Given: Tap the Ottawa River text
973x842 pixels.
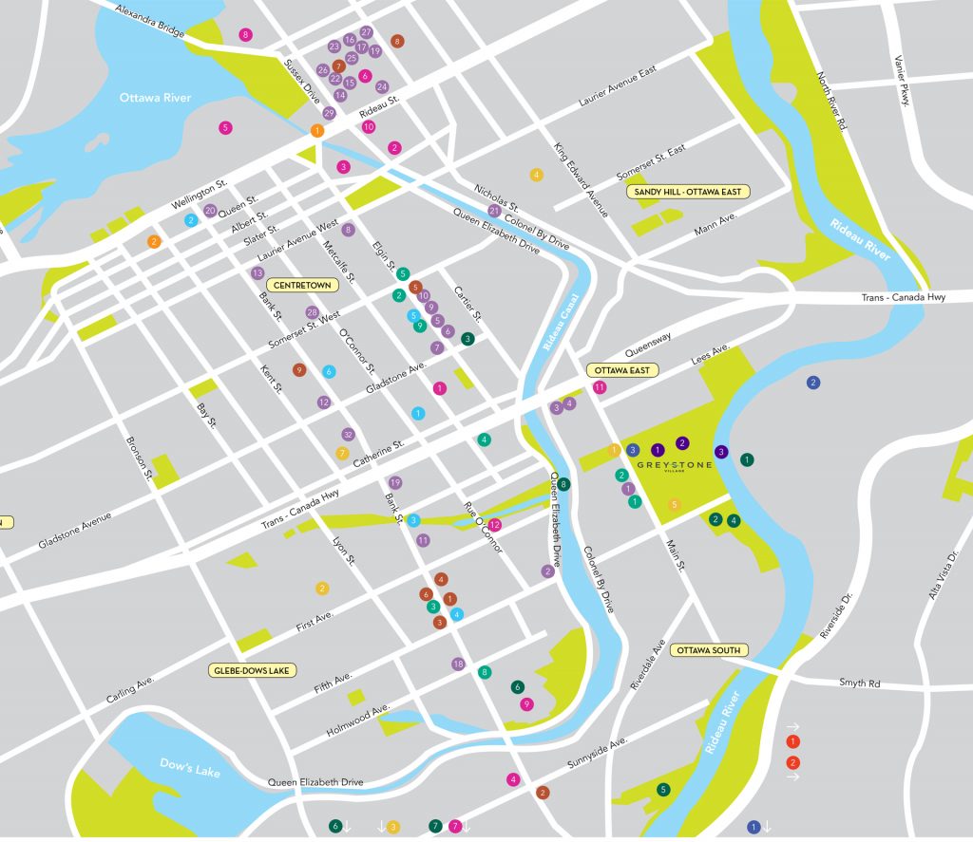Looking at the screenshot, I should [155, 98].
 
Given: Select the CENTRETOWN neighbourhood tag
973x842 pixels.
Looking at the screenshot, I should [301, 285].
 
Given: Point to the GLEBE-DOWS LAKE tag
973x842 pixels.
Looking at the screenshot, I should [251, 670].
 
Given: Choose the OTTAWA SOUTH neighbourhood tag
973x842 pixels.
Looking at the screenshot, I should [709, 650].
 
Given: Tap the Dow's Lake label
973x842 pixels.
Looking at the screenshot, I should [190, 766].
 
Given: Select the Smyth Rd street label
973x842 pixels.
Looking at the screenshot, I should [859, 683].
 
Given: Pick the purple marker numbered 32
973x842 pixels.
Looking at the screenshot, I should [348, 435].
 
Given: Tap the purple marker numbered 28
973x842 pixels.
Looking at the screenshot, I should [312, 312].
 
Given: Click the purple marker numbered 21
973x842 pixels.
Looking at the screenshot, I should [494, 211].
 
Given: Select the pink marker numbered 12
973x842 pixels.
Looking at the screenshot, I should [494, 525].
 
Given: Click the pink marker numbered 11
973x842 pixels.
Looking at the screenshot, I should [600, 387].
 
